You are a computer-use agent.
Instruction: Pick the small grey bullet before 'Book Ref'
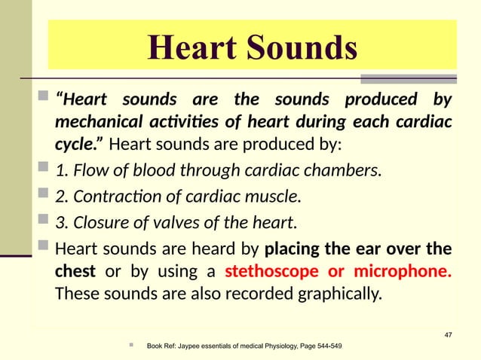(131, 345)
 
